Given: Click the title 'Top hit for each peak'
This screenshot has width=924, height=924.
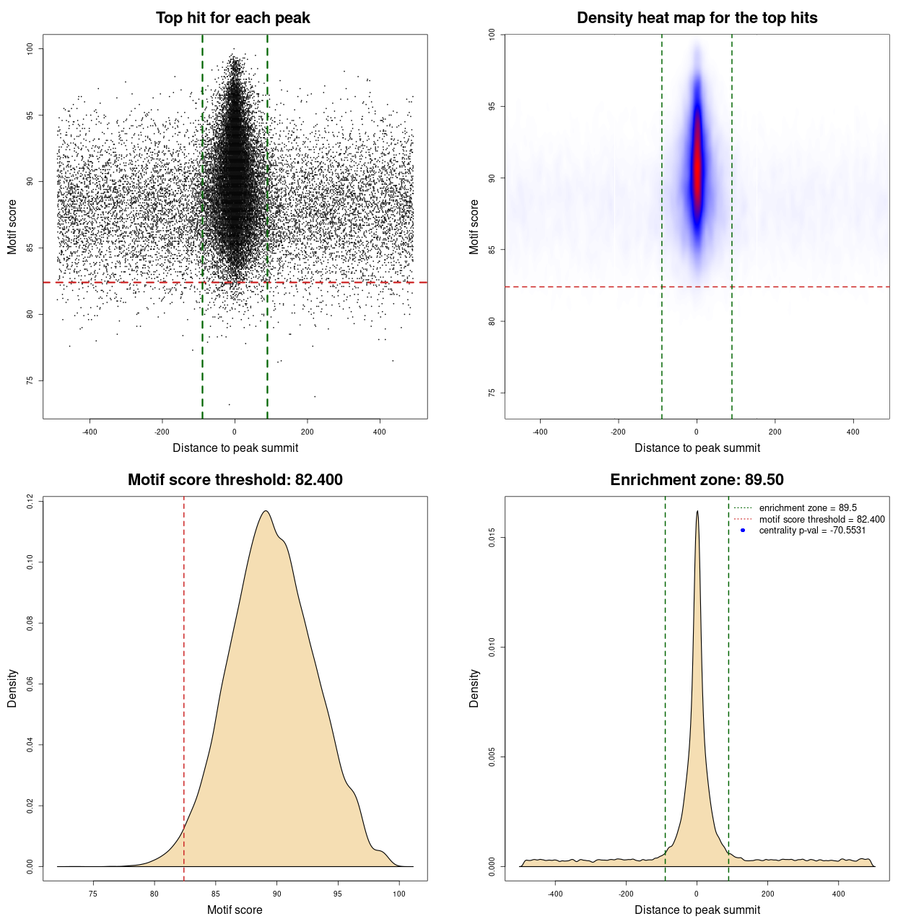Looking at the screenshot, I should point(232,18).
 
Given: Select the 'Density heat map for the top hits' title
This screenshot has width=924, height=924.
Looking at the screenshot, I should point(697,18).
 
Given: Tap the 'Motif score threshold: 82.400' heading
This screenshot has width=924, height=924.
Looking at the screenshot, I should point(235,480).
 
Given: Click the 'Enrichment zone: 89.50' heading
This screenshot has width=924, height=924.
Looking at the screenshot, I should point(697,480).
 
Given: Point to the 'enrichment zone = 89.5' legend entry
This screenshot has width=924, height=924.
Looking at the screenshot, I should point(808,508).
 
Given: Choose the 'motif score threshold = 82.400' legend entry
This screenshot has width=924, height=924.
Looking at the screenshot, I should point(821,520).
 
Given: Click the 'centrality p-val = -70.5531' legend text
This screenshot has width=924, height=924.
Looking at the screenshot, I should point(812,531).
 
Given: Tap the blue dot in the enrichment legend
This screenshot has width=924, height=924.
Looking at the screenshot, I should point(743,531).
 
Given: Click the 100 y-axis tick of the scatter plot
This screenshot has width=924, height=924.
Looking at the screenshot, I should point(30,48).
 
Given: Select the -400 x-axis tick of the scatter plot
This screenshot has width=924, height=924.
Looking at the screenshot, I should point(90,432).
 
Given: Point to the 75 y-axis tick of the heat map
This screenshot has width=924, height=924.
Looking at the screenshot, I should point(492,393).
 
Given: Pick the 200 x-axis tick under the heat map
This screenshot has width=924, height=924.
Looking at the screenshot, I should point(775,432).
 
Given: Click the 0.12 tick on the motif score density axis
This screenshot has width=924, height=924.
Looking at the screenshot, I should point(30,501).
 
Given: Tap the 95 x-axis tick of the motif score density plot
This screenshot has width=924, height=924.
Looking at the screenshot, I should point(338,894).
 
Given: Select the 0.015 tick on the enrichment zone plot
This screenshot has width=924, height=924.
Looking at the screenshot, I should point(492,538).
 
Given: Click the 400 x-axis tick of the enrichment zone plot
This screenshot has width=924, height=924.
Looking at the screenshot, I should point(838,894).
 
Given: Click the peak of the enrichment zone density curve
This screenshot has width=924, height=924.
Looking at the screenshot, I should point(697,512).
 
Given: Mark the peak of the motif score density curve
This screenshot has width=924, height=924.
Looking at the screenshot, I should point(266,511).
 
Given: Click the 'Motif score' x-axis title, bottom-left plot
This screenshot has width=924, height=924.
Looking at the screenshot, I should point(235,910).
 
